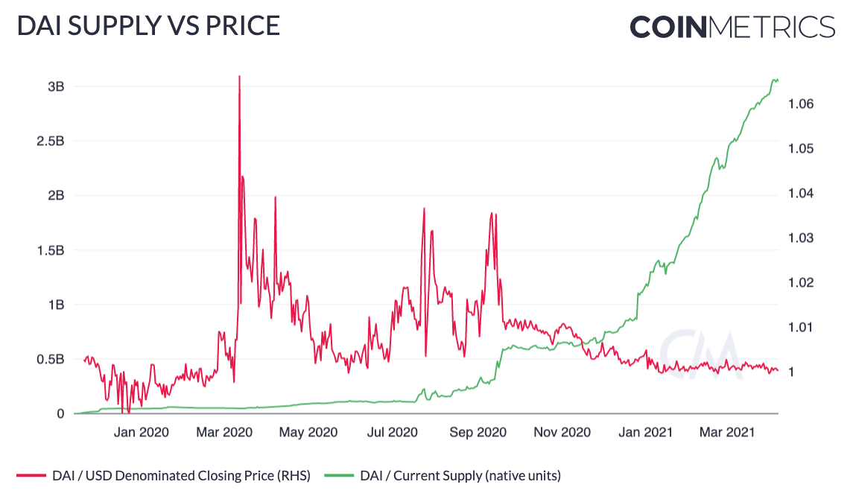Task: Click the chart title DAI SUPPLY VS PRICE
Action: tap(148, 26)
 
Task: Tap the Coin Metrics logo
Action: tap(732, 27)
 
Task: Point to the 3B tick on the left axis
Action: tap(56, 86)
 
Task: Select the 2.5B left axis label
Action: tap(51, 141)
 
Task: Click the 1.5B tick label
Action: tap(51, 250)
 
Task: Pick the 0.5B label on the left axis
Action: tap(51, 360)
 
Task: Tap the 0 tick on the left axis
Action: tap(61, 414)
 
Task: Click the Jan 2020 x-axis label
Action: tap(142, 432)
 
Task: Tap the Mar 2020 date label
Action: tap(225, 432)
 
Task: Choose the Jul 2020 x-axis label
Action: tap(393, 432)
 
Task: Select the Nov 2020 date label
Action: tap(563, 432)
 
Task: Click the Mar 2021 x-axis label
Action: tap(726, 432)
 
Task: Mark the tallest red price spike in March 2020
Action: tap(239, 77)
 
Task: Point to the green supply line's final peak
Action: tap(775, 80)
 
